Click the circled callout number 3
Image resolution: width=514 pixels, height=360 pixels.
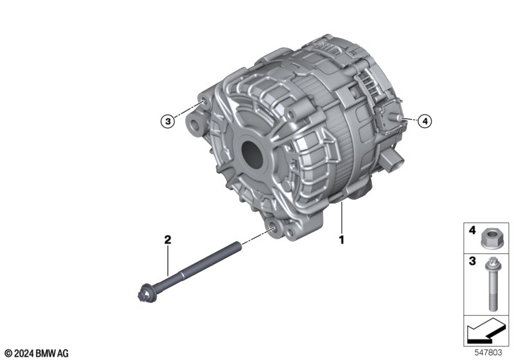point(168,122)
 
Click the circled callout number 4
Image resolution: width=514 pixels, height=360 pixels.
point(425,122)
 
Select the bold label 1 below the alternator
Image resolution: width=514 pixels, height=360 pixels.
point(342,240)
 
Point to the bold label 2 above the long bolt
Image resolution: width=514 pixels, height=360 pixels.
point(168,240)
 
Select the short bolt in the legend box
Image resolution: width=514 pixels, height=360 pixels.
point(491,284)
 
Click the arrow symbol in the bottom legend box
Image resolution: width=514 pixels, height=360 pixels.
point(485,329)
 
